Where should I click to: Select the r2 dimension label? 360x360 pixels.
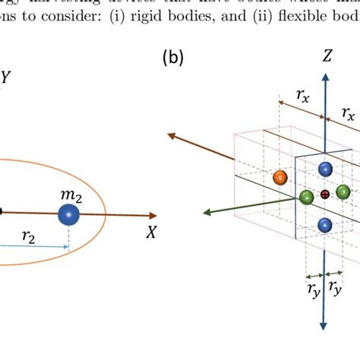point(29,237)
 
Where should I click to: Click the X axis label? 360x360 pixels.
point(152,233)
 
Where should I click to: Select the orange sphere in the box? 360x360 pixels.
point(279,178)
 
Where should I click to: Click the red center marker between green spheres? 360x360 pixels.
point(325,195)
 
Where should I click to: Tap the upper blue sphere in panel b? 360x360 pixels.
point(325,169)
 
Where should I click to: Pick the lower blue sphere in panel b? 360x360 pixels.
point(325,224)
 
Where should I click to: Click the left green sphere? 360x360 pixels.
point(307,197)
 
